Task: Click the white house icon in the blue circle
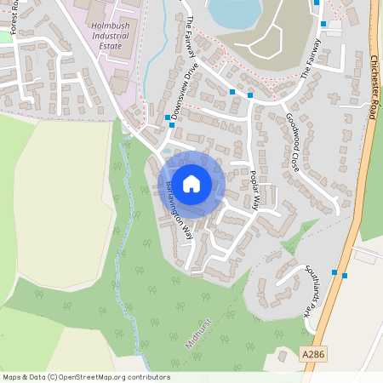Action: point(191,183)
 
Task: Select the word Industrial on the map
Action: point(111,36)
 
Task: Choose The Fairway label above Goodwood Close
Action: point(312,58)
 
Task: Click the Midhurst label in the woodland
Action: point(197,335)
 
